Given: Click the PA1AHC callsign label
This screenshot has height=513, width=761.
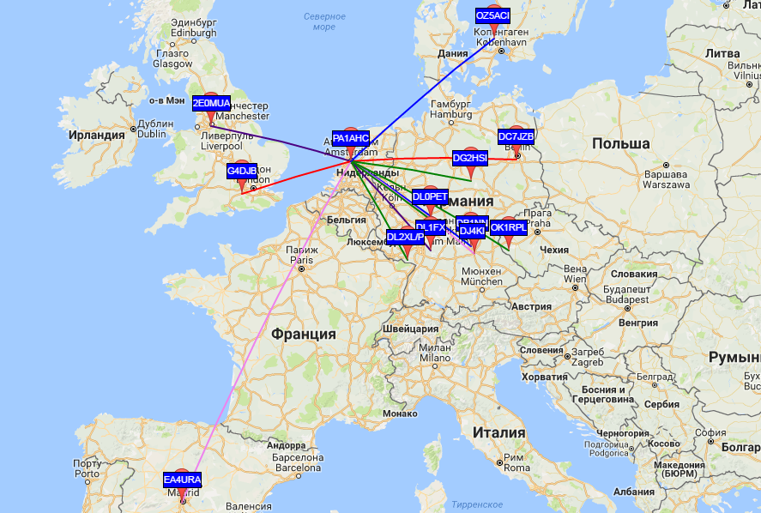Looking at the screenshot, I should coord(350,138).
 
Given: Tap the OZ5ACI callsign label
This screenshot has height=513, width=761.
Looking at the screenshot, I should coord(492,16).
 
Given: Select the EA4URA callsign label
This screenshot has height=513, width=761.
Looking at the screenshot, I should coord(182,480).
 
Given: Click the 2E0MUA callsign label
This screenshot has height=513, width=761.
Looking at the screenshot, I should coord(211,103).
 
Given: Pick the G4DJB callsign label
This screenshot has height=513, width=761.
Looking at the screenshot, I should coord(241,171).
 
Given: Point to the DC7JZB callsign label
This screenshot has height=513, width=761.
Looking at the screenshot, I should coord(516,136).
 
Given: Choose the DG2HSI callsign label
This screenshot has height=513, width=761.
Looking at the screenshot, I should coord(469,158).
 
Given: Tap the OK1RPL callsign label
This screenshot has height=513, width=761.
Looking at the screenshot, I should coord(508,227).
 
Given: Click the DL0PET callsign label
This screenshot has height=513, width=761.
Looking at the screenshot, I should coord(430,196).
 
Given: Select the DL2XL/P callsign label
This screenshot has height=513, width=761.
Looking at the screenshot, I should coord(404,237).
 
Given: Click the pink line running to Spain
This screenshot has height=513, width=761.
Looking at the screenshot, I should coord(257,343).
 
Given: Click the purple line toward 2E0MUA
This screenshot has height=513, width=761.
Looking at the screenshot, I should coord(283,142).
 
